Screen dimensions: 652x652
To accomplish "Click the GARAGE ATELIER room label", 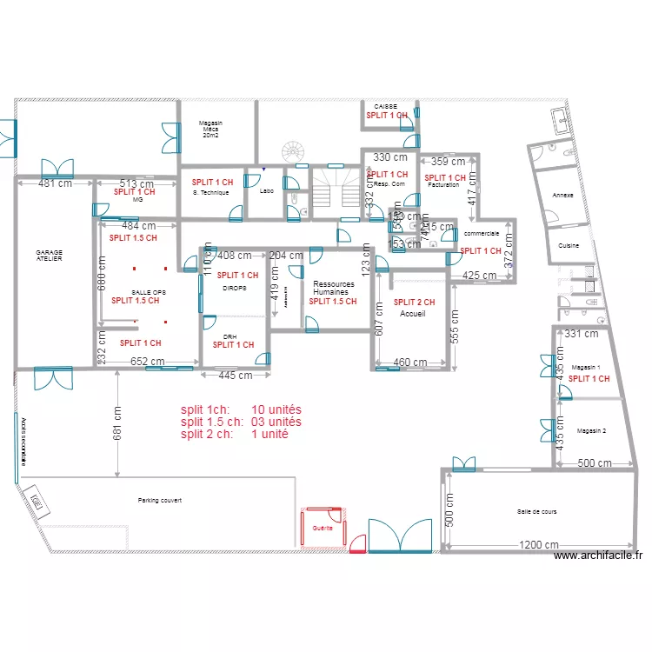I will click(x=49, y=256).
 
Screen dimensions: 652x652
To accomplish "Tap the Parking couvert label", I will click(x=159, y=501).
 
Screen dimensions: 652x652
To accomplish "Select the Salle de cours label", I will click(x=536, y=512).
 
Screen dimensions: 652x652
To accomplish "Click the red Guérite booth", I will click(x=323, y=528).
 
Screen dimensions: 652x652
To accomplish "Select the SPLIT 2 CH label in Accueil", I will click(x=414, y=302).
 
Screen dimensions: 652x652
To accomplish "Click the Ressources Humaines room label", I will click(x=334, y=288).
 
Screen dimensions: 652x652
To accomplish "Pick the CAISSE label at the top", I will click(x=385, y=105).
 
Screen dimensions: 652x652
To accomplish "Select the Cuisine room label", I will click(x=569, y=246).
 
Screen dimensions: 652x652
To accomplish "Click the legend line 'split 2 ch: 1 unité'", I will click(x=235, y=434).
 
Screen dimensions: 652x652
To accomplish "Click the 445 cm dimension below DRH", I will click(x=235, y=376).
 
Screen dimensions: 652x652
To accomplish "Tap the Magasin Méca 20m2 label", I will click(x=210, y=130).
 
